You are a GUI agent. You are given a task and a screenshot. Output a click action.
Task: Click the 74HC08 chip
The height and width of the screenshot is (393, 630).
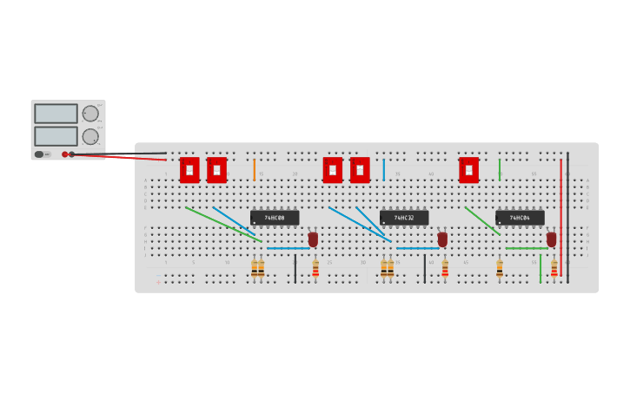pos(275,218)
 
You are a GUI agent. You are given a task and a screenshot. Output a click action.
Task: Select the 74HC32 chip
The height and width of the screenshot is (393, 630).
pos(404,218)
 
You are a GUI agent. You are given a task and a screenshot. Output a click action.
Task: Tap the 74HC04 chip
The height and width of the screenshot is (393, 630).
pos(520,218)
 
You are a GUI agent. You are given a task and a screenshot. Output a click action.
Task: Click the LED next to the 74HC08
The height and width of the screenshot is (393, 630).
pos(313,239)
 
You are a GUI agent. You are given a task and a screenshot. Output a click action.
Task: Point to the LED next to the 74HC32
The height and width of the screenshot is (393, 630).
pos(442,239)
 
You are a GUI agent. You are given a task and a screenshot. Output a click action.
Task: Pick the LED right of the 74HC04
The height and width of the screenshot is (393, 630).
pos(551,239)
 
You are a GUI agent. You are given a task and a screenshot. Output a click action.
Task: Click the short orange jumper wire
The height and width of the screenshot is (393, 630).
pos(254,169)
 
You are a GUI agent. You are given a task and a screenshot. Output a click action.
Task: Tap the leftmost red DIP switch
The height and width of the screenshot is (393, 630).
pos(189,170)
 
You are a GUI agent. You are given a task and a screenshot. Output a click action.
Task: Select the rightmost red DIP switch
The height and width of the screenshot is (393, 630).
pos(468,170)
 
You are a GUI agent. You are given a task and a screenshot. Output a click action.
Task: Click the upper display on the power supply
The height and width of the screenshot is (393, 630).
pos(56,114)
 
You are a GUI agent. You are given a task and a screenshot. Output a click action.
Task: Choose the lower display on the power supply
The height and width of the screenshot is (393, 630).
pos(56,136)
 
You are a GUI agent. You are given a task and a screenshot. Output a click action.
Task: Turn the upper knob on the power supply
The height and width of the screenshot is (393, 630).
pos(90,114)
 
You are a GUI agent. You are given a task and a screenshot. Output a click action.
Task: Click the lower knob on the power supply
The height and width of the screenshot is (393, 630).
pos(90,136)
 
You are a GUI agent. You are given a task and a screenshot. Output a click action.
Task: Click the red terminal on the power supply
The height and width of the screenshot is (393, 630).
pos(64,154)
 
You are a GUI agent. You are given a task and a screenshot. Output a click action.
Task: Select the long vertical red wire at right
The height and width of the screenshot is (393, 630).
pos(560,217)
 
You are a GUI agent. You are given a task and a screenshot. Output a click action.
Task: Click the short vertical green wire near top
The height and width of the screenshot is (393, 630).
pos(499,169)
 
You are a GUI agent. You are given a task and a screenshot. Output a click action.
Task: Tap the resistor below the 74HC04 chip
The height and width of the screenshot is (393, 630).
pos(500,269)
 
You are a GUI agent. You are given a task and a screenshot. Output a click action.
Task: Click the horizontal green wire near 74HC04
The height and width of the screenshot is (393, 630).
pos(527,248)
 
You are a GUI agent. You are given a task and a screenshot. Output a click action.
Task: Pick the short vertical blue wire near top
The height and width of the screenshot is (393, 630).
pos(383,169)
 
